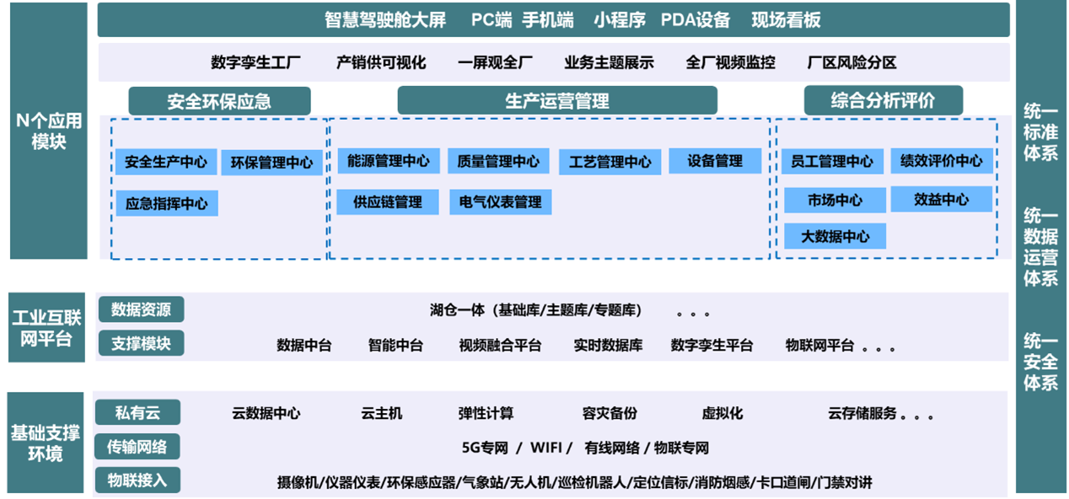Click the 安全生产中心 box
pyautogui.click(x=166, y=162)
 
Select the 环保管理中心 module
pyautogui.click(x=271, y=163)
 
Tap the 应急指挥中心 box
pyautogui.click(x=167, y=203)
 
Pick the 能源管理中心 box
pyautogui.click(x=389, y=161)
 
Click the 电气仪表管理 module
pyautogui.click(x=501, y=201)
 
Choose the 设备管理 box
pyautogui.click(x=715, y=161)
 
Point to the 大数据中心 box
pyautogui.click(x=835, y=236)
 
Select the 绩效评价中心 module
pyautogui.click(x=942, y=161)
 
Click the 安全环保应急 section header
pyautogui.click(x=219, y=100)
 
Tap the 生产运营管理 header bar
pyautogui.click(x=557, y=100)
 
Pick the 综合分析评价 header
pyautogui.click(x=884, y=99)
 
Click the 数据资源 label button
pyautogui.click(x=142, y=309)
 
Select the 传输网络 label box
pyautogui.click(x=137, y=447)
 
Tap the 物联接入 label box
pyautogui.click(x=137, y=480)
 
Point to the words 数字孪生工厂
pyautogui.click(x=255, y=62)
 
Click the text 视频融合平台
pyautogui.click(x=500, y=345)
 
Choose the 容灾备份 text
pyautogui.click(x=610, y=413)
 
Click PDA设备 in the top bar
pyautogui.click(x=696, y=20)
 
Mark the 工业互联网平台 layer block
pyautogui.click(x=46, y=327)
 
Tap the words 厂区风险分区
pyautogui.click(x=851, y=62)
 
